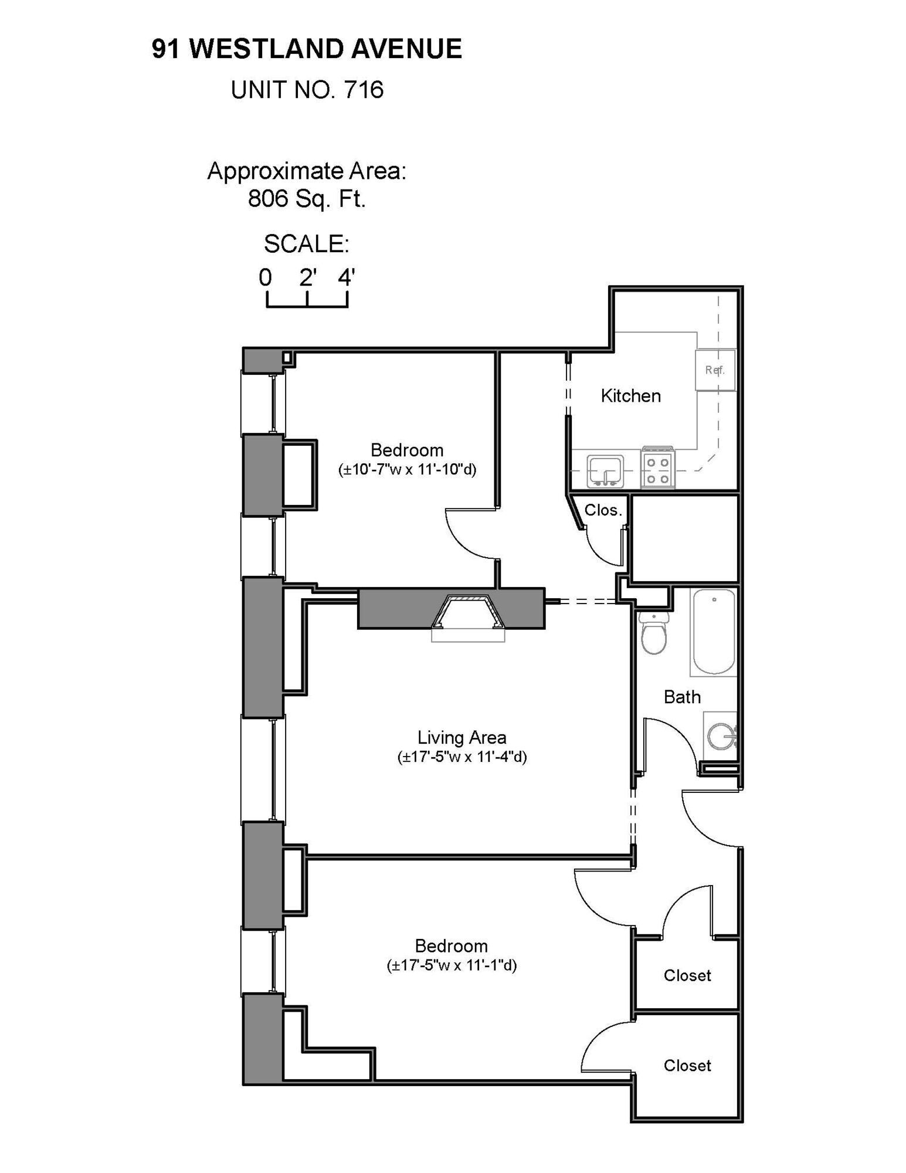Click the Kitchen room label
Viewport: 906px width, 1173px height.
(x=630, y=396)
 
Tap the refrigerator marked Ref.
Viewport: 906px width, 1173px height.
(x=715, y=370)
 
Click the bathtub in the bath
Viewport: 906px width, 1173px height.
(x=714, y=632)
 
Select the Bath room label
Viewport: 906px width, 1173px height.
(x=682, y=697)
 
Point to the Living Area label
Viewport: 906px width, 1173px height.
(x=462, y=737)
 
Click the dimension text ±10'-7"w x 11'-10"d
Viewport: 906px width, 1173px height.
(x=407, y=470)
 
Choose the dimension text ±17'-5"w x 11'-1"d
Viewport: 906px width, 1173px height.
(x=452, y=965)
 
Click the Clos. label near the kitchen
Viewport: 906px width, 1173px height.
(x=603, y=510)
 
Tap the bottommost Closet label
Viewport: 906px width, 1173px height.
(x=687, y=1066)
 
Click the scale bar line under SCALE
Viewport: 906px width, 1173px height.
(x=307, y=306)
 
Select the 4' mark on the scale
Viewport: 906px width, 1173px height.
(x=346, y=277)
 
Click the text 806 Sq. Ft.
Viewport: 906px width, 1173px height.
(x=307, y=199)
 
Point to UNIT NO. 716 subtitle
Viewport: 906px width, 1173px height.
(x=307, y=90)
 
